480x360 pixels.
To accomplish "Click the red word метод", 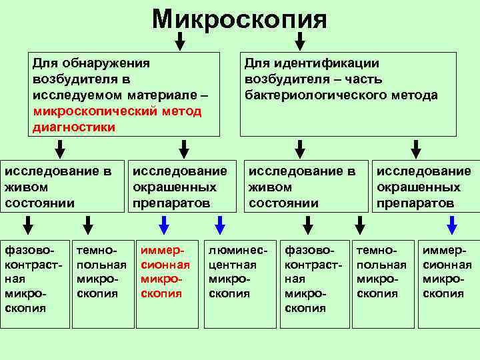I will pos(183,111).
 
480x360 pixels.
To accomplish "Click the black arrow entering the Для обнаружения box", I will pos(179,41).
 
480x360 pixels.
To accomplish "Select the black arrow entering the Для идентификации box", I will pos(299,41).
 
